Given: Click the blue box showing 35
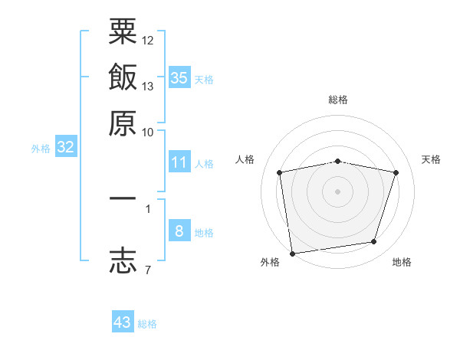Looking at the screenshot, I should (179, 77).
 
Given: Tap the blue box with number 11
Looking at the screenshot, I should (179, 162).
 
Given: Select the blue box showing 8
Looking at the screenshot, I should (179, 231).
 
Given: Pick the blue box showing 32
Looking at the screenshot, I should (65, 148).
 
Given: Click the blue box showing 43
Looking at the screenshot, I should (123, 322).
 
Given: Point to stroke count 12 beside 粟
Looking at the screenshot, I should (148, 40).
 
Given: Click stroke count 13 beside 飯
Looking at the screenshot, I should (148, 86).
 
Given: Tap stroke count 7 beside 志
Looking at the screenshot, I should (147, 270).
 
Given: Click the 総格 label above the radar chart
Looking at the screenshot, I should (338, 100).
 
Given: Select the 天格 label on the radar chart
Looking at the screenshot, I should (432, 159).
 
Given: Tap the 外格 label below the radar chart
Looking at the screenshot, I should (270, 263).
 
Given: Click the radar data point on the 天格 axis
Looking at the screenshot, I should (396, 172).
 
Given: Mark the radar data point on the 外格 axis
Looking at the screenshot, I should (292, 253).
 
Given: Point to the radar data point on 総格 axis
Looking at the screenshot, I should (338, 161).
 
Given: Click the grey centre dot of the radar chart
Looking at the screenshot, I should (338, 191).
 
